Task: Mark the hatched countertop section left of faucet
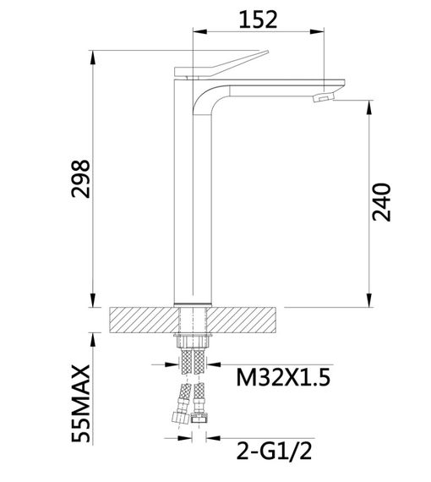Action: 144,320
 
